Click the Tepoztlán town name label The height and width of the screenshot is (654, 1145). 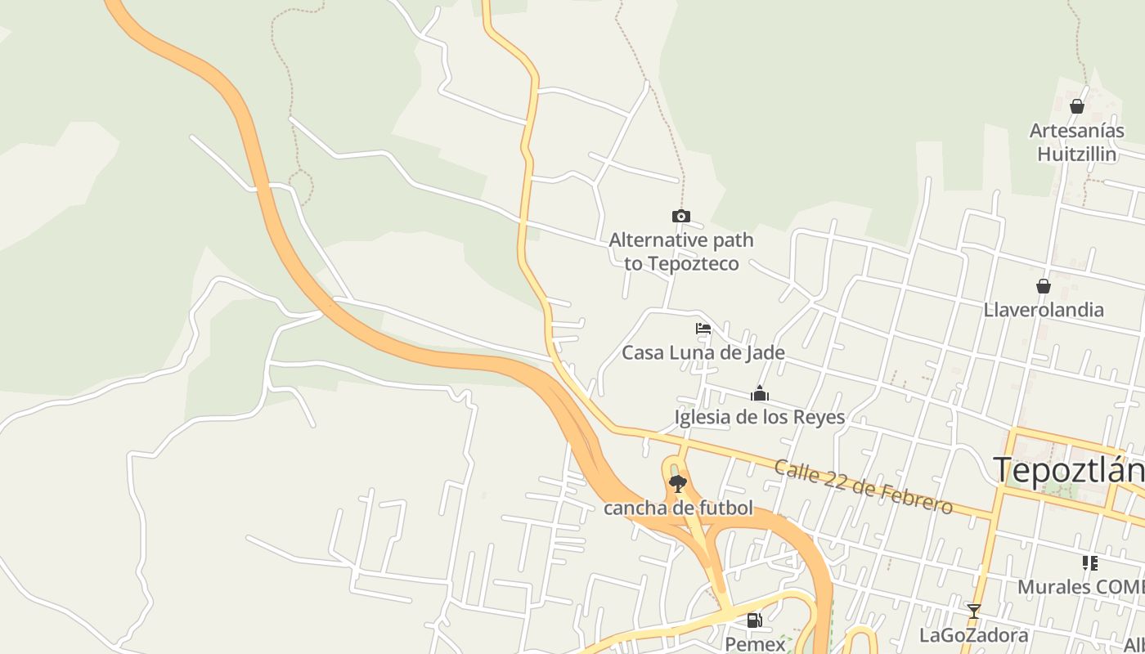tap(1067, 471)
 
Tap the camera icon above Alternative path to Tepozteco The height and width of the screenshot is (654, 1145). tap(680, 217)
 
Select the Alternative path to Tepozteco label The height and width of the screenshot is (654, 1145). tap(681, 252)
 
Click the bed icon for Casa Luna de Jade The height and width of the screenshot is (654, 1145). tap(703, 329)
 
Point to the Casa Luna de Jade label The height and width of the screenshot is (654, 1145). tap(703, 353)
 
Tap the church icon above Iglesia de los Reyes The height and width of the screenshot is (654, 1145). tap(760, 394)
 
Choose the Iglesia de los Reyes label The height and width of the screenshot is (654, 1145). tap(759, 417)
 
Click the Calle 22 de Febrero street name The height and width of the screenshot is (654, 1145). tap(863, 487)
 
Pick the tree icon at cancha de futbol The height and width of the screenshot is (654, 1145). tap(677, 484)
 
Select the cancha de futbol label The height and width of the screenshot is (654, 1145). tap(678, 508)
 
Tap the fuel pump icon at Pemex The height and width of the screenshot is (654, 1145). tap(755, 620)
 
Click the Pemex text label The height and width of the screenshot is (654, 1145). tap(755, 643)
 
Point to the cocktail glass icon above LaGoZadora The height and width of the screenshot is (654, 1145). tap(973, 611)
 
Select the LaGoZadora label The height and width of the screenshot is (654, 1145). tap(973, 635)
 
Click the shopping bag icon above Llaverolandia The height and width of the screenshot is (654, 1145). tap(1044, 286)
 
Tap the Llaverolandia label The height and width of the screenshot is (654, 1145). tap(1044, 310)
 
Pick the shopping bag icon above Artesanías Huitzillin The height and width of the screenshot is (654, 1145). tap(1077, 106)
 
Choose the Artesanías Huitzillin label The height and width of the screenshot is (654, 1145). tap(1076, 142)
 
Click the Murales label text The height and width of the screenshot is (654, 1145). tap(1080, 587)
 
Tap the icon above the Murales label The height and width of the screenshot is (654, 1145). tap(1089, 562)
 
